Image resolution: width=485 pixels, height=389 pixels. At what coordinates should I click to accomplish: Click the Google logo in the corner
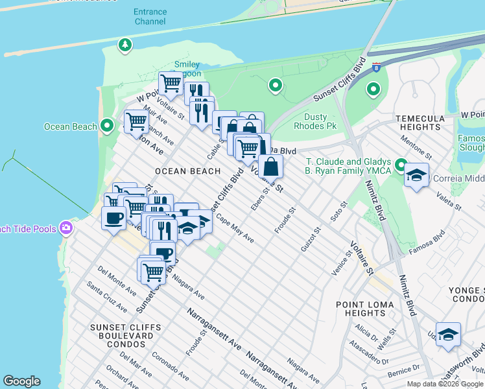[21, 381]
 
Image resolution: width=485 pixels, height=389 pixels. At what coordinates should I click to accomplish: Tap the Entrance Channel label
[150, 17]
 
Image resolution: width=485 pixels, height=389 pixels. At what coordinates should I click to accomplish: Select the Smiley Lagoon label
[187, 69]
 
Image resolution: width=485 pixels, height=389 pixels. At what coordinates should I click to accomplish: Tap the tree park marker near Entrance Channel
[124, 45]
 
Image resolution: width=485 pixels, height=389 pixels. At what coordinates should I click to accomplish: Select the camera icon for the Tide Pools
[65, 228]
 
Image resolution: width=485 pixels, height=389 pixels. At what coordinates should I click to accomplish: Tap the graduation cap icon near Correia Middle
[416, 174]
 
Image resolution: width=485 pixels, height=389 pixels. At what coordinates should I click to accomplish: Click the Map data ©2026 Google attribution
[445, 384]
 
